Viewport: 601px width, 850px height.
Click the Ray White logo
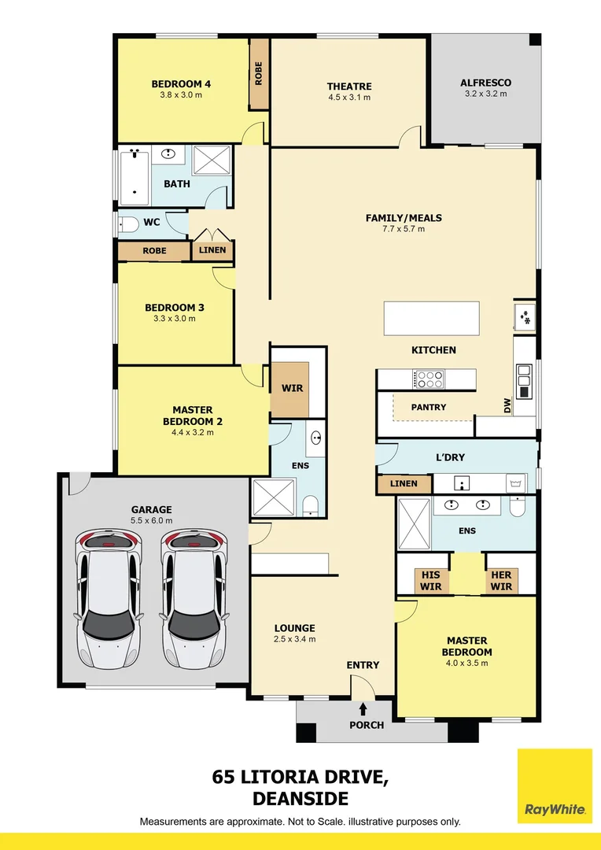[555, 785]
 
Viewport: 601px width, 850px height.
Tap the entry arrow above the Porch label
[363, 709]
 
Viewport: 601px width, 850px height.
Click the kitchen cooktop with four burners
[428, 379]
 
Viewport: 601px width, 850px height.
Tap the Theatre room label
[349, 87]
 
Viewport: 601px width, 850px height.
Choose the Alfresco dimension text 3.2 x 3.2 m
[485, 94]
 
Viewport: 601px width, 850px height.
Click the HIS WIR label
[431, 581]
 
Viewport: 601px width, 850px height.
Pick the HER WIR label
[501, 581]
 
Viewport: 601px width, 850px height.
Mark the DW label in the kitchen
[507, 405]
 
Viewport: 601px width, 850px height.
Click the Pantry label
[429, 407]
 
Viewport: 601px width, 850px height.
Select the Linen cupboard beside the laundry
[404, 483]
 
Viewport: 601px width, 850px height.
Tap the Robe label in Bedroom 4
[259, 73]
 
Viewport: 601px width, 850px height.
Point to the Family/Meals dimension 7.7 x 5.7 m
[404, 229]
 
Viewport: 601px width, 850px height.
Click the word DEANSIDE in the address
[300, 799]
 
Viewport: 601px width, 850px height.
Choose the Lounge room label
[294, 628]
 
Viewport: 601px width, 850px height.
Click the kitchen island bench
[432, 319]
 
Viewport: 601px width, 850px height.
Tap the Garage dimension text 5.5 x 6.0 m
[151, 521]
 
